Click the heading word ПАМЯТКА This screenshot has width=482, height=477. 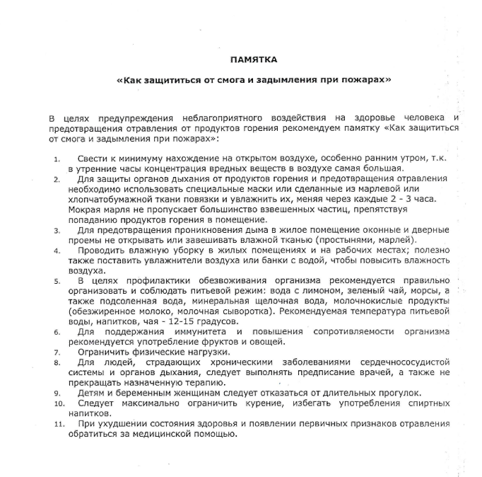(253, 59)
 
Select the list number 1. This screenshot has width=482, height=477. (57, 159)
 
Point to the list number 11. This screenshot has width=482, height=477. (59, 423)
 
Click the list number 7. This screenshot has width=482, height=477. (57, 352)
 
